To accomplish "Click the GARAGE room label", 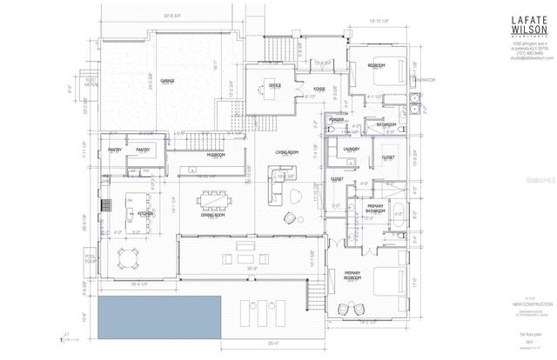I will pos(167,80).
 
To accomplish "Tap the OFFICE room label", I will pos(274,85).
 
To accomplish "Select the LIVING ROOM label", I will pos(288,153).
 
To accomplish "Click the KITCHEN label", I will pos(144,213).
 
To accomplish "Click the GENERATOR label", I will pos(424,80).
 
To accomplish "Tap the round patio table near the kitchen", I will pos(128,257).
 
